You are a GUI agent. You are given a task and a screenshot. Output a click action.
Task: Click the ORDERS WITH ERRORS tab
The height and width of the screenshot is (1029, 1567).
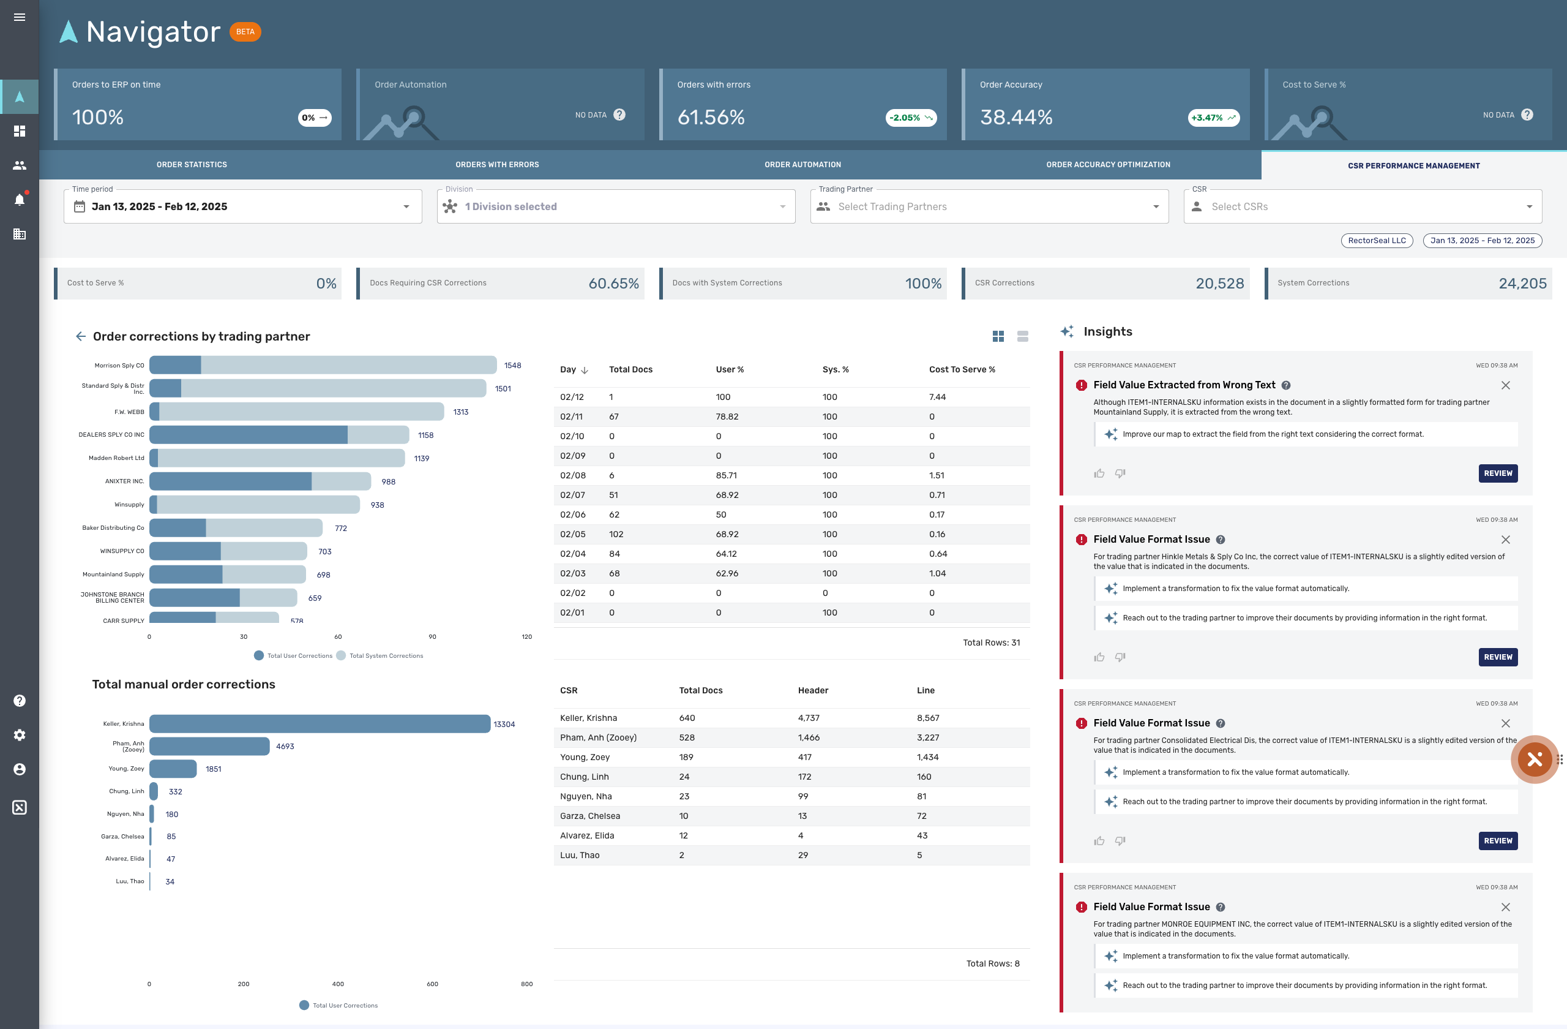[497, 165]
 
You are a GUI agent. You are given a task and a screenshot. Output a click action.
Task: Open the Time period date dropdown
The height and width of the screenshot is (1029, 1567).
[242, 207]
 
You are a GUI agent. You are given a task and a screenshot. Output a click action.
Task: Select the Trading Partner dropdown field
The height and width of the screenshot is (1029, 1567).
[989, 207]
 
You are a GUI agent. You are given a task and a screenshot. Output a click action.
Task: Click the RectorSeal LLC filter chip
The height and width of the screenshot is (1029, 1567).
[1376, 241]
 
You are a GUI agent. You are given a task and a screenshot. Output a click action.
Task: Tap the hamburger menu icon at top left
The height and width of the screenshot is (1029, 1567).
[20, 17]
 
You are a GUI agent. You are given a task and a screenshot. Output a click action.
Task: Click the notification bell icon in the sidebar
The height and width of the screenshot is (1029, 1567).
[20, 200]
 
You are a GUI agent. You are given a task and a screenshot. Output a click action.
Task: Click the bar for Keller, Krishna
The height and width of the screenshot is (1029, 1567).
[320, 724]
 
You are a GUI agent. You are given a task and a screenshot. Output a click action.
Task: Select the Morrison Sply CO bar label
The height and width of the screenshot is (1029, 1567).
[119, 366]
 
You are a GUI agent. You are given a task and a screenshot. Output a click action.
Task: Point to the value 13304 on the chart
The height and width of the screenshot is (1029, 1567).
[504, 725]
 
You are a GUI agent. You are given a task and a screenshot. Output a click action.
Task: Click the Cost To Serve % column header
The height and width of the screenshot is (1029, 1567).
[961, 369]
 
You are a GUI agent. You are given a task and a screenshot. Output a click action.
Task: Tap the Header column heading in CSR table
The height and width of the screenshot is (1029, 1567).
[813, 690]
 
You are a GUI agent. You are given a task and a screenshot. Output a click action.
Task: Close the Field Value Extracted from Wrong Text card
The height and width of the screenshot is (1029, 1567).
[1505, 385]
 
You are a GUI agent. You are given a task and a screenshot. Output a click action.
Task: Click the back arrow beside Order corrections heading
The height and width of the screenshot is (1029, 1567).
[81, 337]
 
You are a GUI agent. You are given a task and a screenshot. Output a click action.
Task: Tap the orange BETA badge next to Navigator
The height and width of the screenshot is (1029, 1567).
[245, 32]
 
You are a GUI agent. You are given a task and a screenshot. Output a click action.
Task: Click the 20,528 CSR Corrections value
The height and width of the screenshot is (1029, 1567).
[1219, 283]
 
